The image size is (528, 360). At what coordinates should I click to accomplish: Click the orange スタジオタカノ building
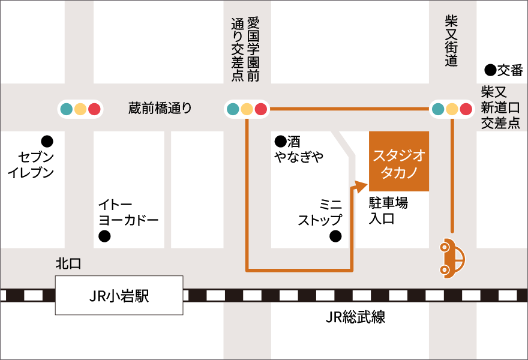click(x=399, y=161)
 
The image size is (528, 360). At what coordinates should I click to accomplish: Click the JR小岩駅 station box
click(x=119, y=295)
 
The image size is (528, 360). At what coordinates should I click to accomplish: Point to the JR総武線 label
click(x=356, y=317)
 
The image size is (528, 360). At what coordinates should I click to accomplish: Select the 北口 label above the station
click(x=68, y=263)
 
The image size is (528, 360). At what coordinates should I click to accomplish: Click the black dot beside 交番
click(x=490, y=70)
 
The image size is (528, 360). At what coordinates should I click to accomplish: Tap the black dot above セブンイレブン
click(x=47, y=142)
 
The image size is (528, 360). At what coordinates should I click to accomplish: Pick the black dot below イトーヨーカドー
click(x=105, y=236)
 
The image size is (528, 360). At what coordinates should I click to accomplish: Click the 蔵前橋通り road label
click(x=160, y=108)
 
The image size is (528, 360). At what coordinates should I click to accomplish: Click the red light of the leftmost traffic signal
click(x=94, y=109)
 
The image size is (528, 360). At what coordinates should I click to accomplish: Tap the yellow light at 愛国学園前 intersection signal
click(x=247, y=109)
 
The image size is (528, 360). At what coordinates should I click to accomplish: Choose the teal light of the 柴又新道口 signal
click(x=438, y=109)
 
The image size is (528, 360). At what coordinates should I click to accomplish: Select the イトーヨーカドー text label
click(x=128, y=212)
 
